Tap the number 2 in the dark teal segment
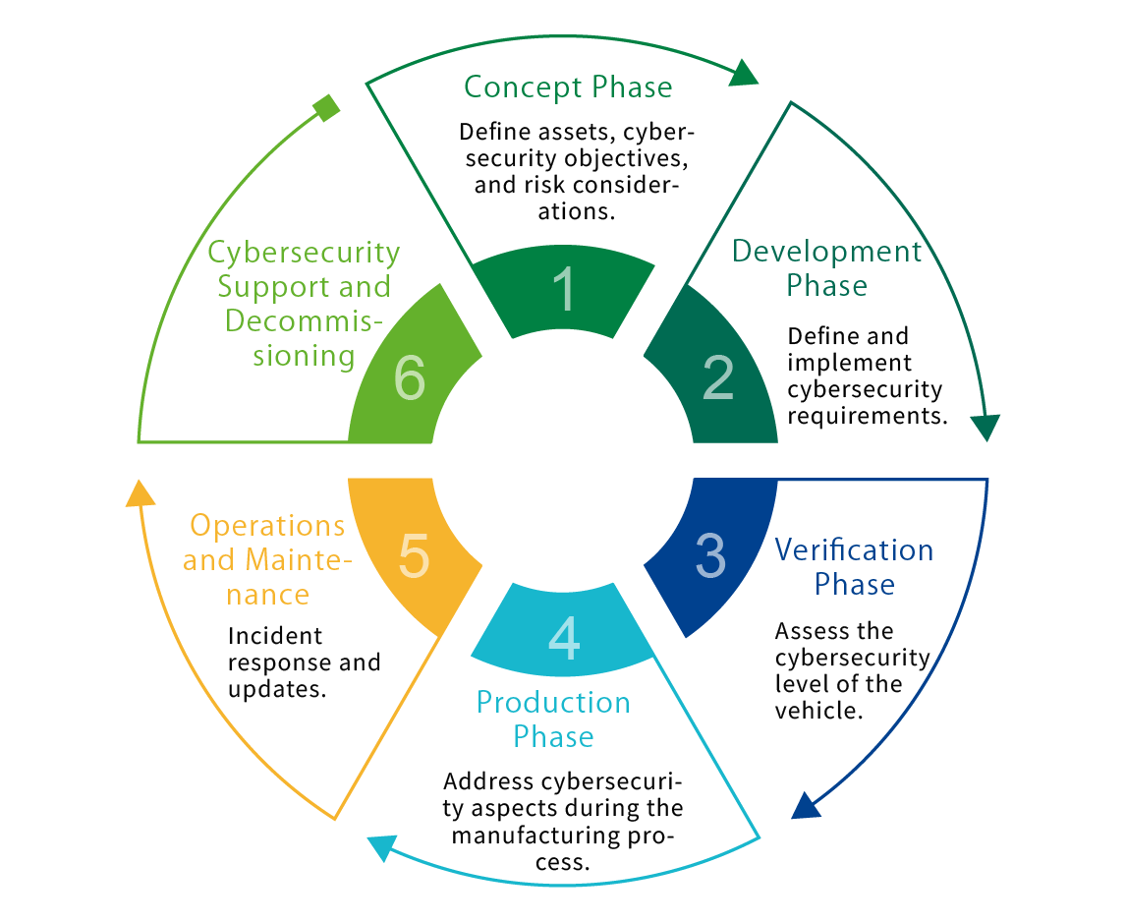point(718,378)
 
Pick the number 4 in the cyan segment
point(563,639)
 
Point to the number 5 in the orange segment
point(414,556)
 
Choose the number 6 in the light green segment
point(410,378)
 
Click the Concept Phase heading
point(568,86)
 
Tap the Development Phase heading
point(826,268)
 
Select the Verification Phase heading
point(854,567)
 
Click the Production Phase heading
point(553,720)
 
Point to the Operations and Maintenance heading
point(265,560)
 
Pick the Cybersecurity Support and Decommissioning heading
point(304,304)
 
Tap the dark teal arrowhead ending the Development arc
point(985,427)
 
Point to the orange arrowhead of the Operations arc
point(141,492)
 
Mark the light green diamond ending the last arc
point(326,107)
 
